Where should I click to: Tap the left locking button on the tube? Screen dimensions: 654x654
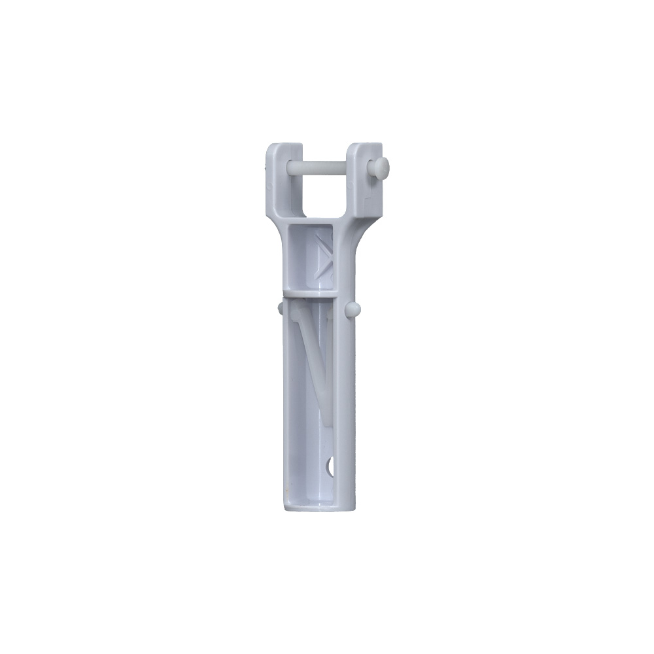[x=280, y=307]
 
